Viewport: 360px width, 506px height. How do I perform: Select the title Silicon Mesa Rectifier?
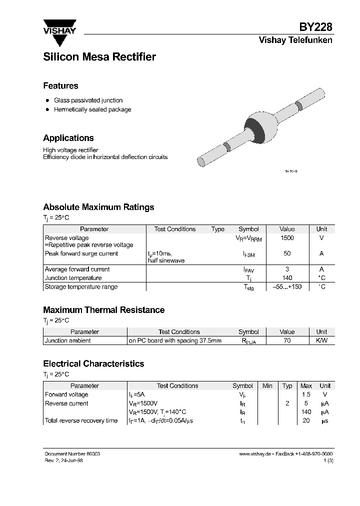99,57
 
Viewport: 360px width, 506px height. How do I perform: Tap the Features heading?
60,85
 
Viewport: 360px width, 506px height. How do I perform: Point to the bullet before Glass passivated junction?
47,100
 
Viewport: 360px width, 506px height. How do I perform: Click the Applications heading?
68,138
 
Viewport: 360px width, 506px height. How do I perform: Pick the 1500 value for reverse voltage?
287,238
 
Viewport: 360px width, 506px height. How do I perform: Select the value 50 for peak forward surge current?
287,253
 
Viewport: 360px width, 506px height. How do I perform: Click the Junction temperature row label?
73,278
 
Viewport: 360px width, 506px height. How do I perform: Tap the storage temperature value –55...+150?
287,286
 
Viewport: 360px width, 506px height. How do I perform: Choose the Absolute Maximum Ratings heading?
98,207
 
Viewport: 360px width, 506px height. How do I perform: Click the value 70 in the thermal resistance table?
287,340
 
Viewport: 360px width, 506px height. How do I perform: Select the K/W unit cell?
321,340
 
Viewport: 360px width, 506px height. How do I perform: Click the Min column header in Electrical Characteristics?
267,385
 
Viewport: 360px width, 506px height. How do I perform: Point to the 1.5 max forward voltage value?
306,394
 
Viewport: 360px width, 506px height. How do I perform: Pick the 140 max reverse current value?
306,412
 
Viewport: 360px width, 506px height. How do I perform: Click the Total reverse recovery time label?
81,420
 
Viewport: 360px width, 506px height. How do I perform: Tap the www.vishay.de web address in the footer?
255,453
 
